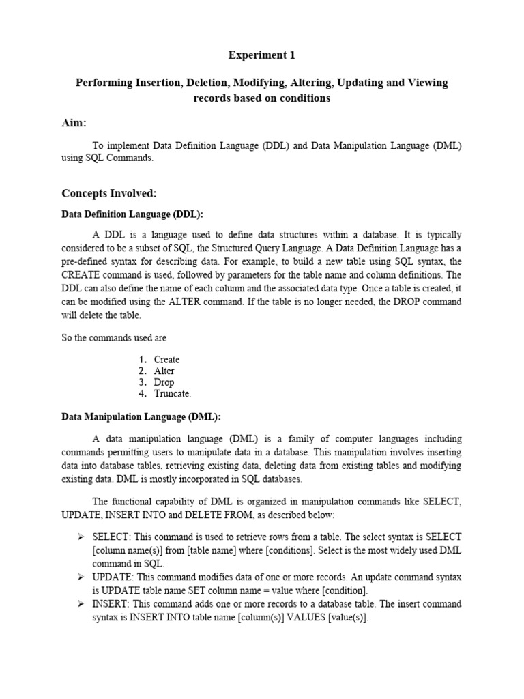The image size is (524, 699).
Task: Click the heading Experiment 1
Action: [x=261, y=56]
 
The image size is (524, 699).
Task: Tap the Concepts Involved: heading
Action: [x=109, y=193]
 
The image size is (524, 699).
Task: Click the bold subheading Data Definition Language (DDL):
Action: [x=132, y=214]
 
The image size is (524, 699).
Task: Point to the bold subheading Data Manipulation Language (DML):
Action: [x=142, y=416]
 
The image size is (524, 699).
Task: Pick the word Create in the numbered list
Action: [x=166, y=360]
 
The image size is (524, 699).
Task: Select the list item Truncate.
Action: [x=173, y=394]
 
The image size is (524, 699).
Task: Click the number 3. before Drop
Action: [x=142, y=382]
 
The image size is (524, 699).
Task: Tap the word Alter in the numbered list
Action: [x=164, y=371]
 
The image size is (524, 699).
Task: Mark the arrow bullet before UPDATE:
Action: [x=80, y=577]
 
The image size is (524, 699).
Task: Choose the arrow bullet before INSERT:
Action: [x=80, y=603]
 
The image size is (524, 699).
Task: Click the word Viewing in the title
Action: [x=427, y=83]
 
